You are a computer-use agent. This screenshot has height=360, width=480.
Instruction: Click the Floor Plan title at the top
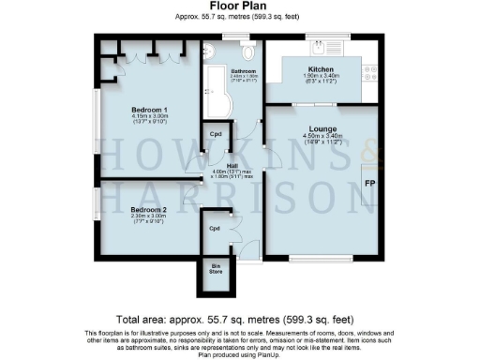[241, 6]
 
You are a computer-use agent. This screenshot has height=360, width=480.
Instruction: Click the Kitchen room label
[322, 69]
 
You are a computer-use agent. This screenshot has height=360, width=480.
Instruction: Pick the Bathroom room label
[244, 71]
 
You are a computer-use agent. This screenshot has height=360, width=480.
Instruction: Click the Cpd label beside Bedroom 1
[215, 133]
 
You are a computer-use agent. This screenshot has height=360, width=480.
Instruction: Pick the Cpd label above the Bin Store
[214, 228]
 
